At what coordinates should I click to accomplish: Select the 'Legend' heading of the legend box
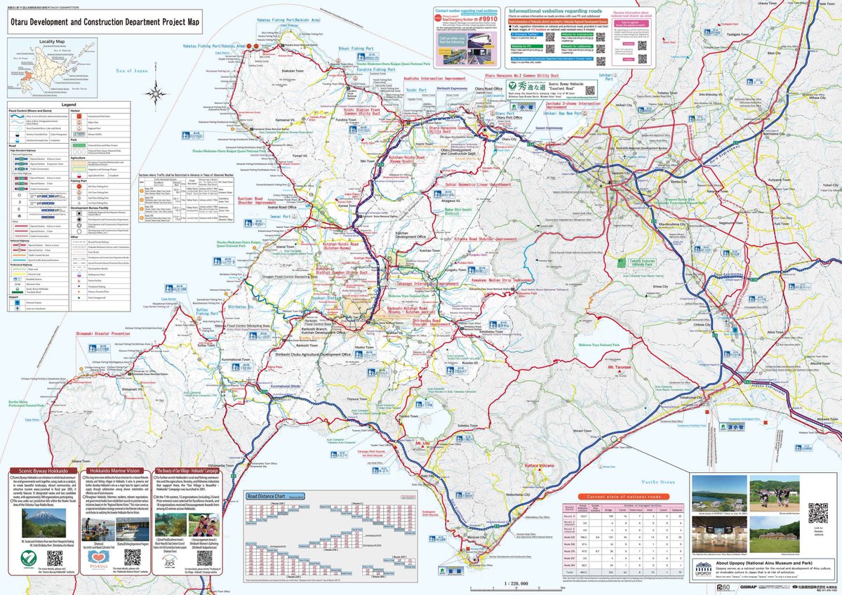click(x=68, y=105)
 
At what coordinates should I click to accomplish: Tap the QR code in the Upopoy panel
click(x=817, y=513)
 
